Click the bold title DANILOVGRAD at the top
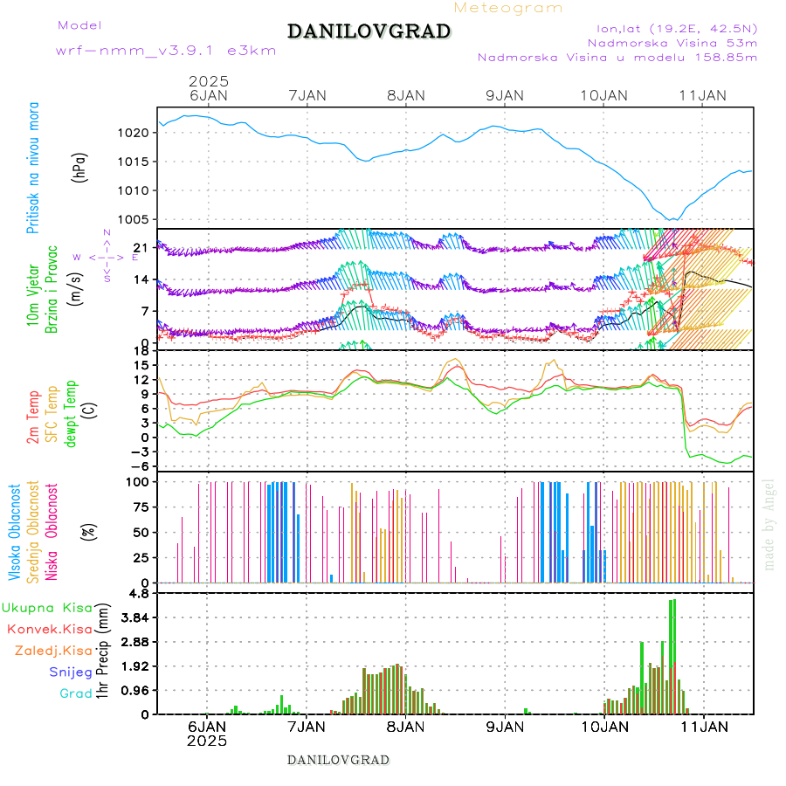point(369,31)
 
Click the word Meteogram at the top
point(508,8)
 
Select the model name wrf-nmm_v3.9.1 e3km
point(166,51)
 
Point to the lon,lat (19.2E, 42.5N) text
point(671,27)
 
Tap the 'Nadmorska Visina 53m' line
point(672,42)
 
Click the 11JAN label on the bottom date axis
point(702,727)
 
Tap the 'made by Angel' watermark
point(769,523)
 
